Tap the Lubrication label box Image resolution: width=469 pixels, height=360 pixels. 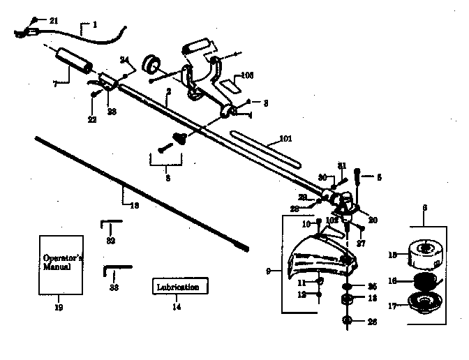pyautogui.click(x=178, y=287)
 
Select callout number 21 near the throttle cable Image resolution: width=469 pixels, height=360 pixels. pyautogui.click(x=54, y=20)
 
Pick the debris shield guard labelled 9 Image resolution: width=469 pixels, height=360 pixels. pyautogui.click(x=322, y=257)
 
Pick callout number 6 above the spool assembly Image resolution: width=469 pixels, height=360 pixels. pyautogui.click(x=423, y=208)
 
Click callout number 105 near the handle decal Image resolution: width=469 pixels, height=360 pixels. pyautogui.click(x=246, y=75)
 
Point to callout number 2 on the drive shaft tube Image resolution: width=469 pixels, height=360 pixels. pyautogui.click(x=170, y=91)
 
